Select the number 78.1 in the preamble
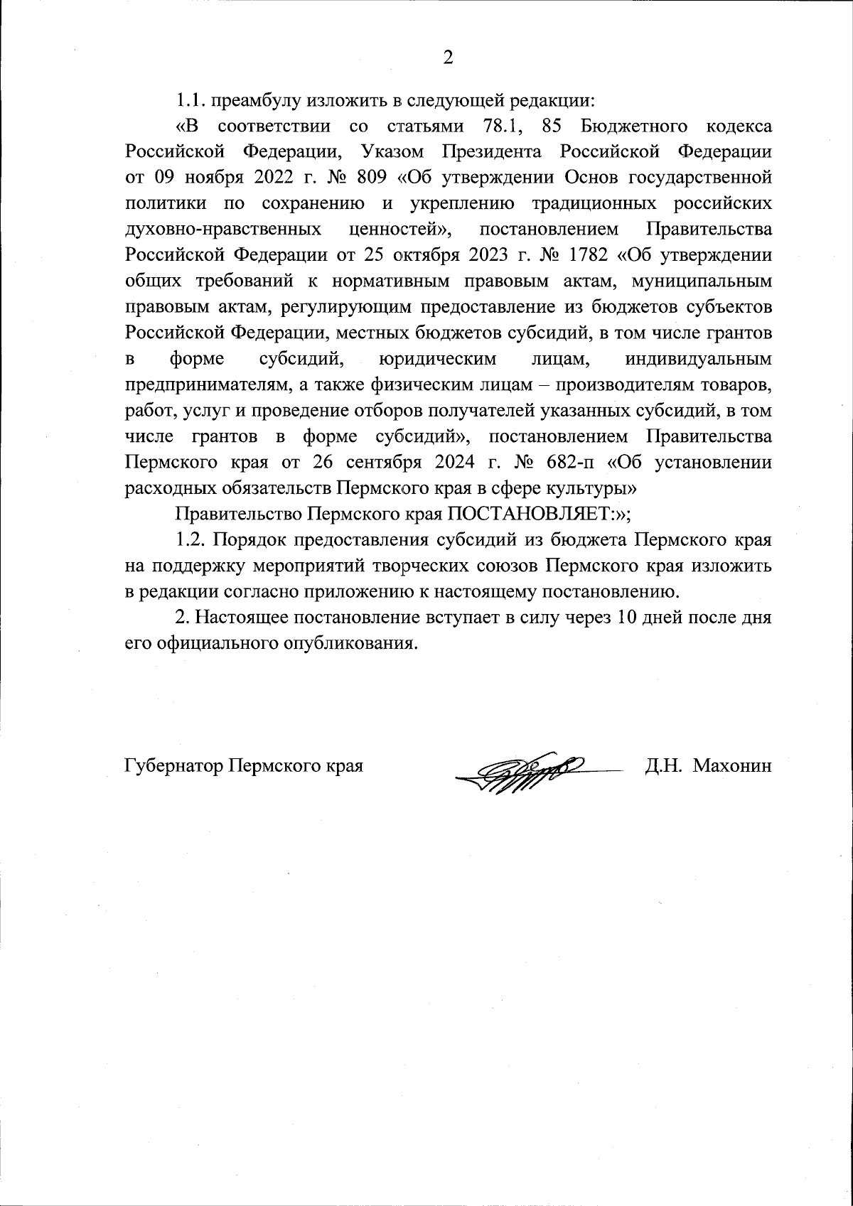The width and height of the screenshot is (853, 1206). click(495, 127)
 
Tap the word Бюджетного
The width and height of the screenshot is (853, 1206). click(634, 127)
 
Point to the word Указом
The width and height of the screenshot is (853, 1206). click(391, 152)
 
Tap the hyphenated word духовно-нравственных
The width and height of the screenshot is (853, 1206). click(222, 229)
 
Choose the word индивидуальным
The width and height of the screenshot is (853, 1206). click(698, 359)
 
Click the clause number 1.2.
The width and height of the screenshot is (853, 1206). click(191, 539)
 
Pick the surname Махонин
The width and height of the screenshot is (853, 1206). click(732, 766)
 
